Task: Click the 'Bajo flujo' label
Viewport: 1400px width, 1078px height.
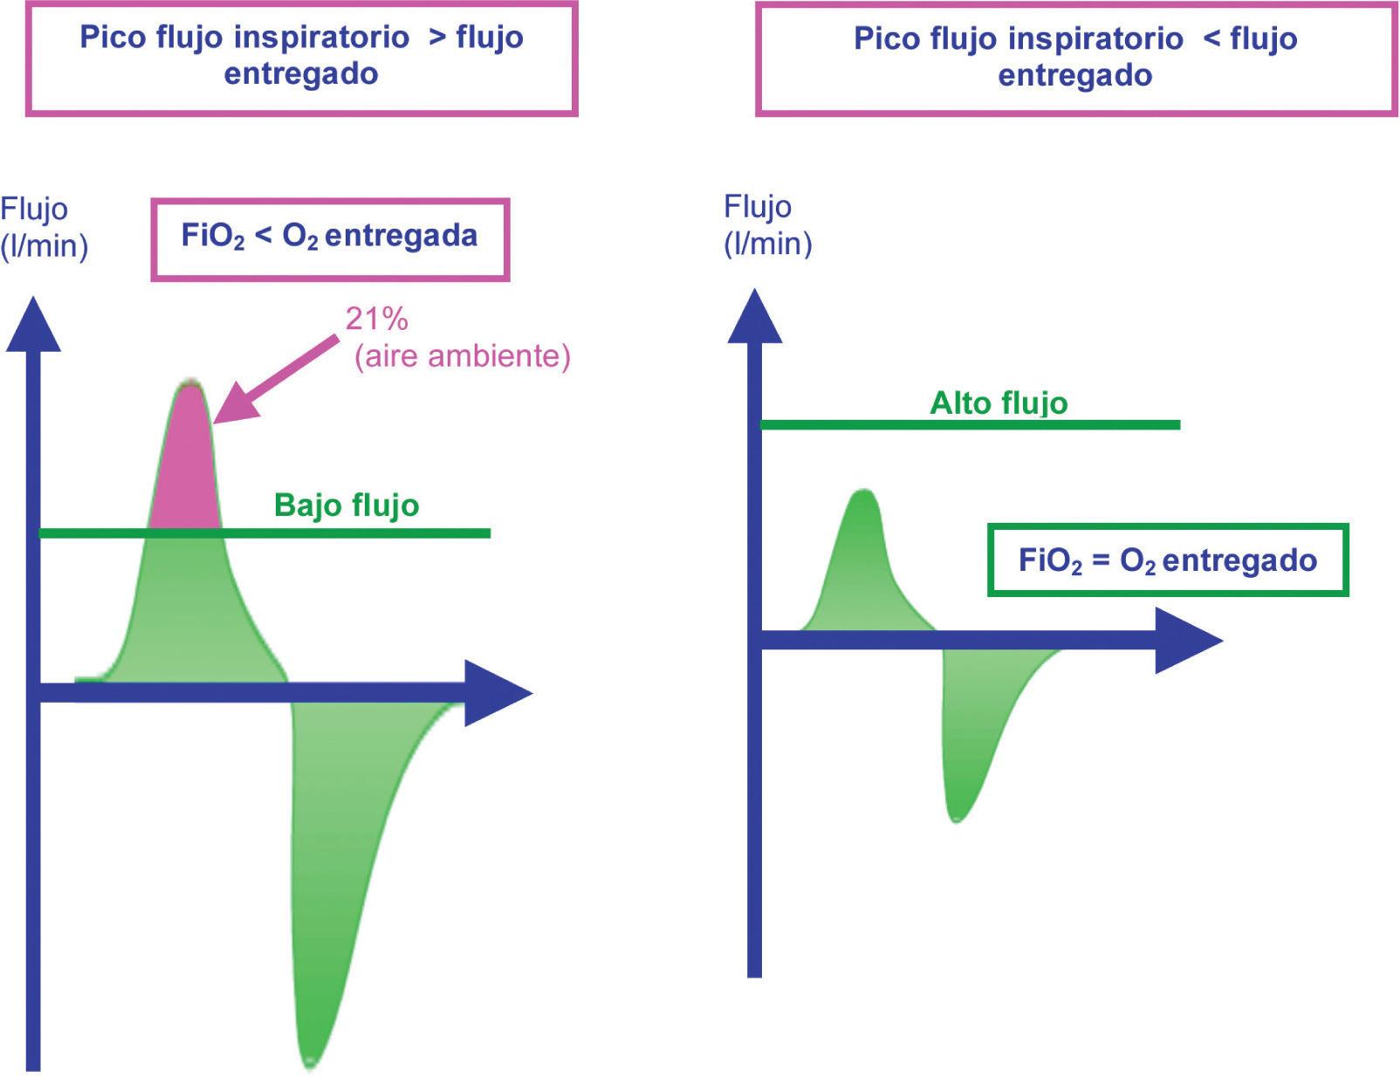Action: tap(347, 505)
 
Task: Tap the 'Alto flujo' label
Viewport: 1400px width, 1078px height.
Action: tap(999, 402)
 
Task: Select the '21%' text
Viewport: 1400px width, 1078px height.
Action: tap(376, 319)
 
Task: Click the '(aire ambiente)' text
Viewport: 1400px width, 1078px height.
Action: tap(462, 356)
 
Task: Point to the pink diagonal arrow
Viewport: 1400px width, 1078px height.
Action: tap(275, 377)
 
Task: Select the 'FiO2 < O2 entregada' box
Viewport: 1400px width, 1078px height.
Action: tap(330, 239)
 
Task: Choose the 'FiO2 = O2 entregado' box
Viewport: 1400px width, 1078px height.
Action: tap(1167, 560)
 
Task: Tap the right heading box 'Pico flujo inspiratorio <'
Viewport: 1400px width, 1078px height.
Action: tap(1074, 58)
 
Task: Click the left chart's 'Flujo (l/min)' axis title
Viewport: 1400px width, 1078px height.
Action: tap(44, 228)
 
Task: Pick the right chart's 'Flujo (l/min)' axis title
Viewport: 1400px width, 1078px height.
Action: tap(767, 225)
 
